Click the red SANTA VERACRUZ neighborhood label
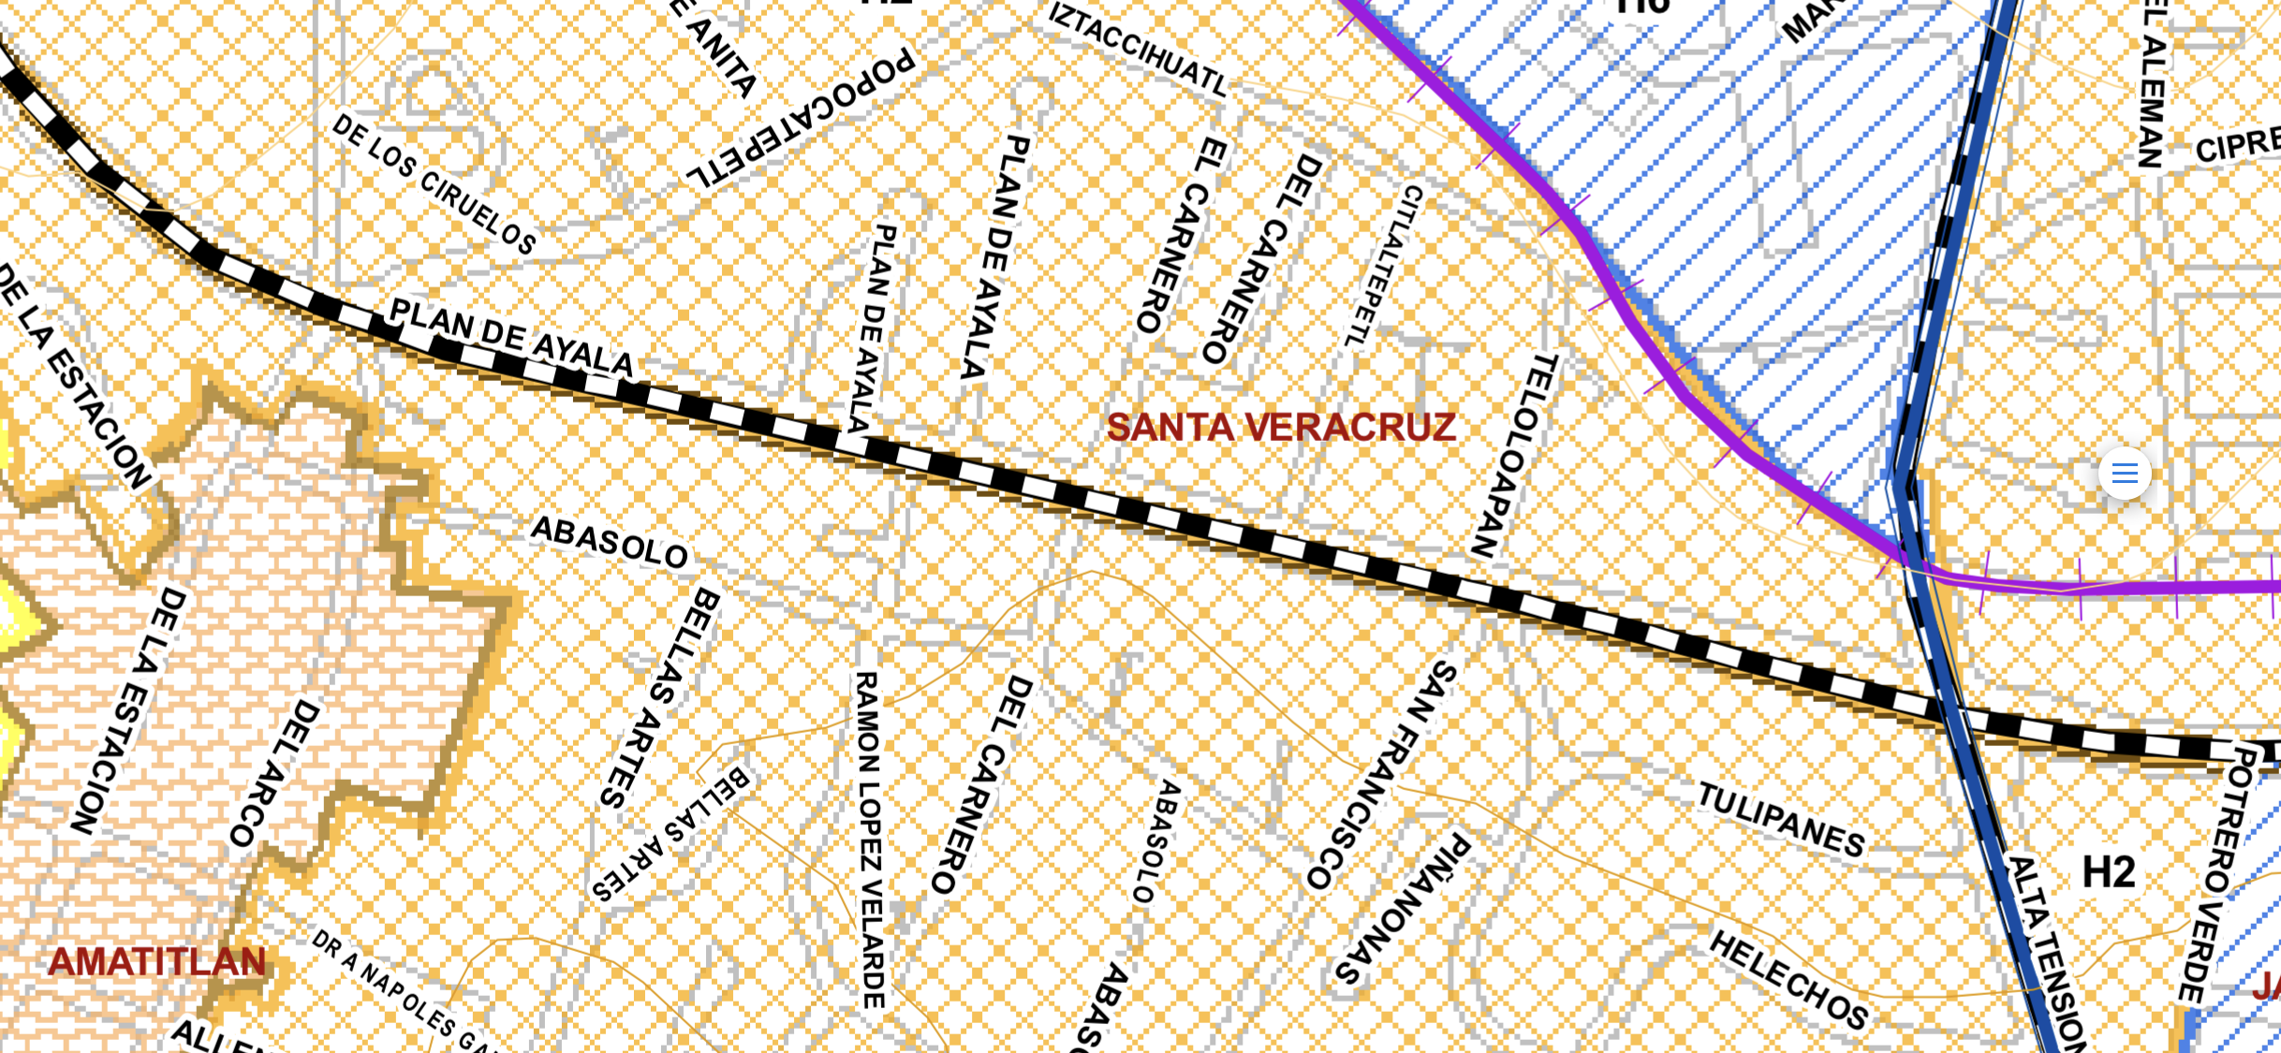1280,428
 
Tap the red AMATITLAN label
157,962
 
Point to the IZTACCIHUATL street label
1138,49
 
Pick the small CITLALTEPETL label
1384,265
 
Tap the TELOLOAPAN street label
1514,455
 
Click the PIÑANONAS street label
1402,908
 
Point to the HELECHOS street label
1789,979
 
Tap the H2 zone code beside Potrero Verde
2109,872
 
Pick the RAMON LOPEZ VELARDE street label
869,839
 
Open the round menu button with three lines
2125,473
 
